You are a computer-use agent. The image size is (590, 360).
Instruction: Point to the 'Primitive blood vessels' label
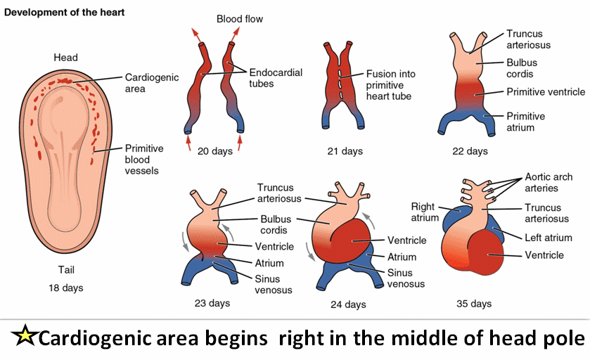click(144, 160)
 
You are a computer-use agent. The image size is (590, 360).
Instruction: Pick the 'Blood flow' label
click(240, 19)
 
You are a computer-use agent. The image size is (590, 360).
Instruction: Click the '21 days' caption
click(344, 150)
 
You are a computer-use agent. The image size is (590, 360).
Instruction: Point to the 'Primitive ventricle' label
click(546, 91)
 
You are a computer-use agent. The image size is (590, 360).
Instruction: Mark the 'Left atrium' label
click(548, 238)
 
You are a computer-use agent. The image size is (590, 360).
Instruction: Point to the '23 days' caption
click(212, 304)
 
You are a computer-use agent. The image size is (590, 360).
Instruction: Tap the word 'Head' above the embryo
click(65, 58)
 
